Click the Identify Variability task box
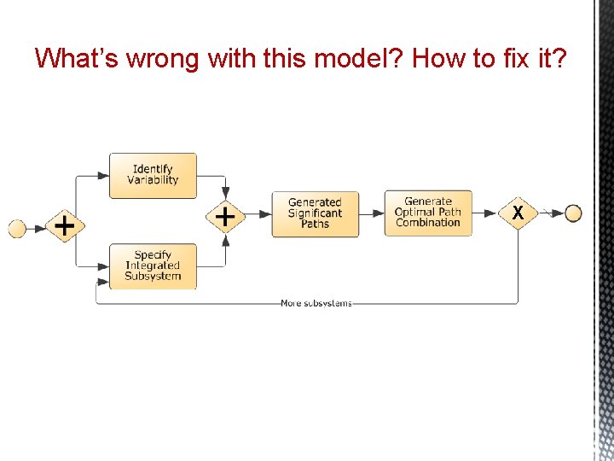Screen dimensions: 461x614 tap(153, 175)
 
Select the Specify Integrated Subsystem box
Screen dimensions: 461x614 tap(153, 266)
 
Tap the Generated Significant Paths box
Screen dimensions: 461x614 tap(315, 213)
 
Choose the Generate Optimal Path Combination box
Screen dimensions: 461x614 tap(428, 213)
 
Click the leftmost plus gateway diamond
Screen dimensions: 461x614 tap(64, 226)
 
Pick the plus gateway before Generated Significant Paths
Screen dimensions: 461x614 tap(225, 217)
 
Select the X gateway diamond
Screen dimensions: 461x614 tap(518, 213)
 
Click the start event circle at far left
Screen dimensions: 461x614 tap(17, 228)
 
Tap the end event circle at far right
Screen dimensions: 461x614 tap(573, 213)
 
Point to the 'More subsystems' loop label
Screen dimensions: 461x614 tap(316, 303)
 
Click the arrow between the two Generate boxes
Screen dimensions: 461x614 tap(371, 213)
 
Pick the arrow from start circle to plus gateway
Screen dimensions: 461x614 tap(37, 228)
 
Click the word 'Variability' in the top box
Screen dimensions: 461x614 tap(153, 180)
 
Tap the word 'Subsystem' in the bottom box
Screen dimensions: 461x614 tap(153, 276)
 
